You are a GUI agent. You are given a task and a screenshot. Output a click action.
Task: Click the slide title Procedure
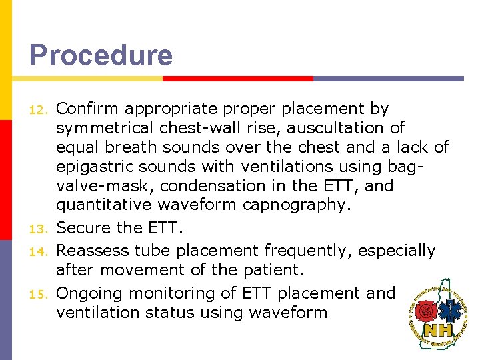[101, 55]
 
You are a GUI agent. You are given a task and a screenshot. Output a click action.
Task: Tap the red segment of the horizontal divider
[238, 78]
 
